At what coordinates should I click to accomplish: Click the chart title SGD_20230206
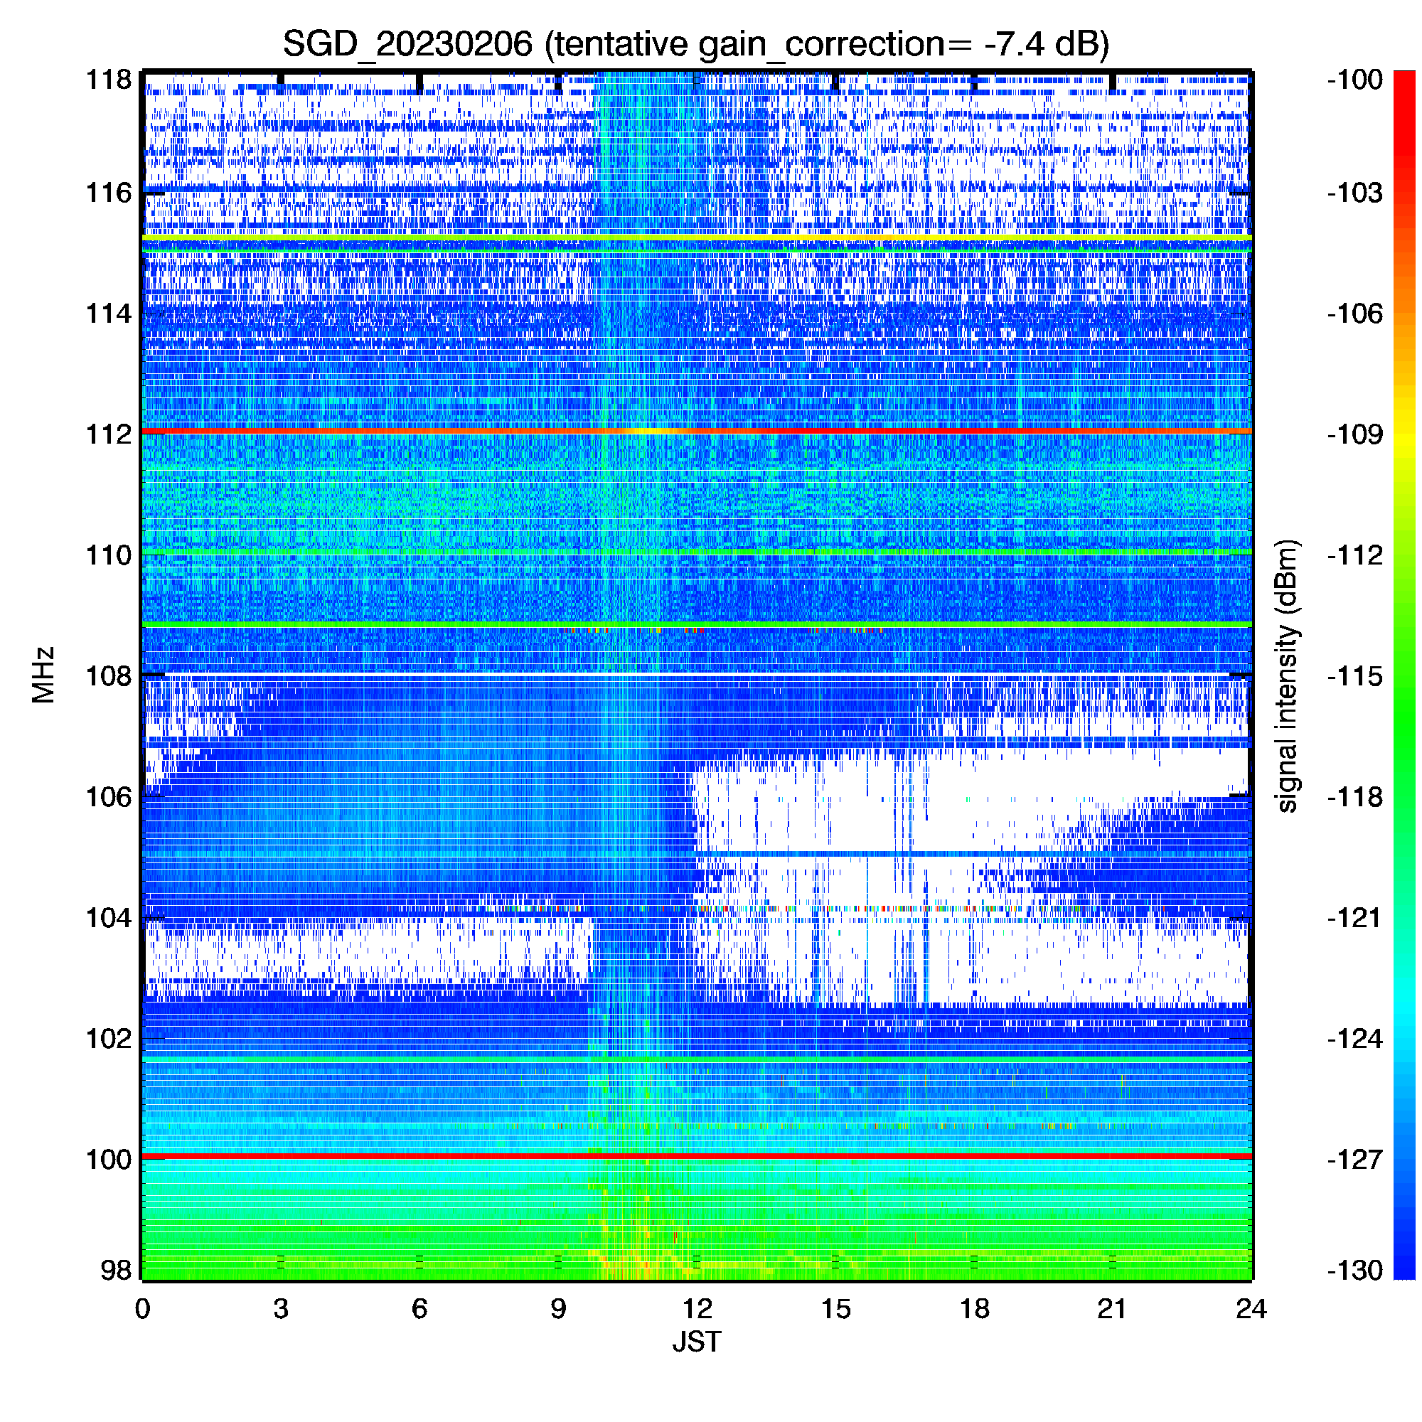coord(407,44)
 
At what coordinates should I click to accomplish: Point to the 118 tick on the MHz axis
coord(109,79)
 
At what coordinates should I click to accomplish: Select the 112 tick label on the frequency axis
coord(109,434)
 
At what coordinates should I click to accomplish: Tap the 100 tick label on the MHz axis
coord(109,1159)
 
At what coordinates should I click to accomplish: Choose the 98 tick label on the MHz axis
coord(116,1270)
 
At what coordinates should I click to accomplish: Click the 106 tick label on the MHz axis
coord(109,796)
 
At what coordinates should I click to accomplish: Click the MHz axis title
coord(43,675)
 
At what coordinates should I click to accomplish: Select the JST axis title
coord(696,1342)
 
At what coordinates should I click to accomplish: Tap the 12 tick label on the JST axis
coord(696,1309)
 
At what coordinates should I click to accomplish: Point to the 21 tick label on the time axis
coord(1112,1309)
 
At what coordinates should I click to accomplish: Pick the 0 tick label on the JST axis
coord(142,1309)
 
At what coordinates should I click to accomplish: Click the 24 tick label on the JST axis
coord(1251,1309)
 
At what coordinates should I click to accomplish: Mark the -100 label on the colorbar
coord(1354,79)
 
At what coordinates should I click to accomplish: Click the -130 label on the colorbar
coord(1354,1270)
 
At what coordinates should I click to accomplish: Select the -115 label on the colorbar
coord(1354,675)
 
